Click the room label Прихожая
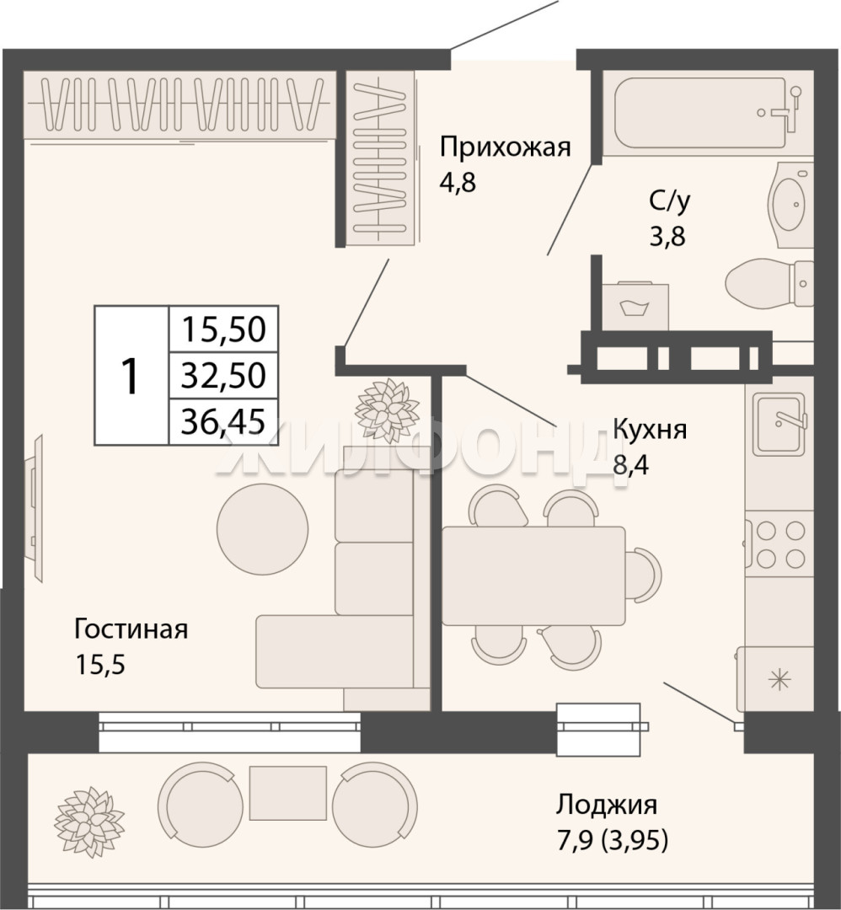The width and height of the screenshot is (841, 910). point(505,147)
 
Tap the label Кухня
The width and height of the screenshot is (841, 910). point(650,430)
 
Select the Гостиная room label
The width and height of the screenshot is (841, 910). point(131,629)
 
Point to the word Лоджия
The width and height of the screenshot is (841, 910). point(607,805)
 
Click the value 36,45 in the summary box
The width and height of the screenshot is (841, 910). point(223,421)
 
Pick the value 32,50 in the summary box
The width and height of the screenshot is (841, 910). point(223,375)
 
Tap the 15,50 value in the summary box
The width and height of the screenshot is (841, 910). point(223,329)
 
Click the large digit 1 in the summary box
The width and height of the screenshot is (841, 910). point(130,376)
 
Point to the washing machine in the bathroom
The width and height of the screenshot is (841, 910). point(635,306)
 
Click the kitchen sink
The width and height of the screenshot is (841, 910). point(779,424)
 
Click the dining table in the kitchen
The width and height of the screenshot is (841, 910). point(534,575)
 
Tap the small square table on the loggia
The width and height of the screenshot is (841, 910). point(288,793)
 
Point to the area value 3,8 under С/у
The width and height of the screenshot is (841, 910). point(667,237)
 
